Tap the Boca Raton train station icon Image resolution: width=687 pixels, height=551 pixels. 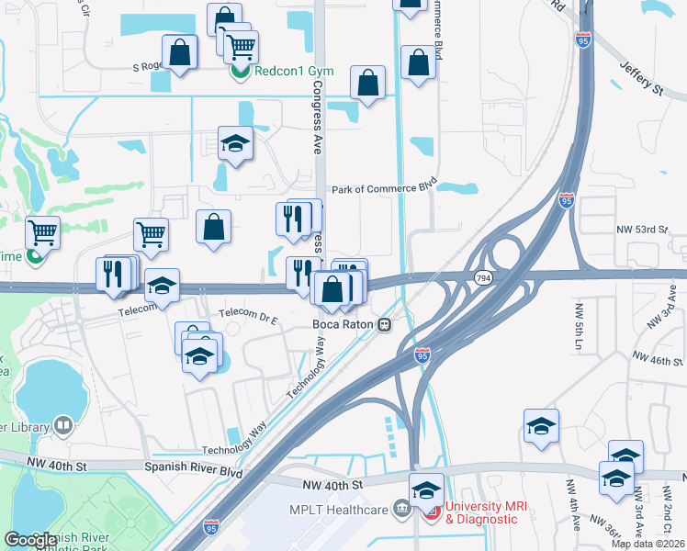click(x=389, y=324)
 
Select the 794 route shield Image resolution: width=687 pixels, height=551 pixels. click(x=481, y=277)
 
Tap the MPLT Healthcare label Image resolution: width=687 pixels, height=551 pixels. click(x=346, y=507)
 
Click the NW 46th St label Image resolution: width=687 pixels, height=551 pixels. click(x=657, y=355)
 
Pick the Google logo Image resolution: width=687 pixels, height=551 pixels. click(x=31, y=540)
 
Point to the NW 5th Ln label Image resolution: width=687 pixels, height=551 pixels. click(x=578, y=331)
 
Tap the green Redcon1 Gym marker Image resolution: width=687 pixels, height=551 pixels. click(x=239, y=71)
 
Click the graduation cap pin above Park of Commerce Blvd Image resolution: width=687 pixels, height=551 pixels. click(x=236, y=143)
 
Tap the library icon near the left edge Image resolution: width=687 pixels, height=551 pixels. click(x=62, y=425)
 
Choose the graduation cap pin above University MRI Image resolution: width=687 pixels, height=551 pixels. click(x=426, y=489)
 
